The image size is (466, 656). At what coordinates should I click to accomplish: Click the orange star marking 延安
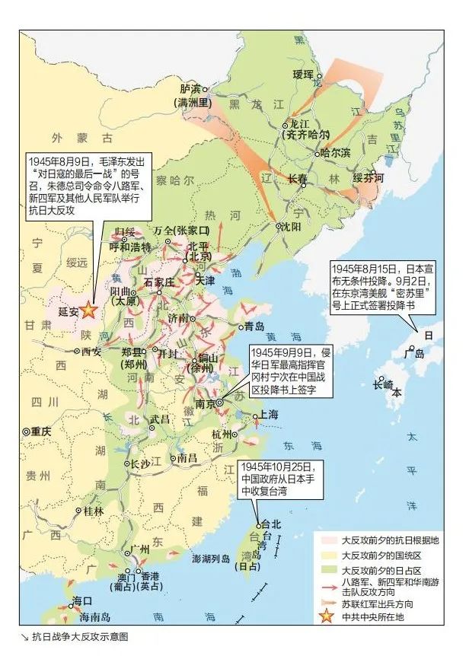point(88,310)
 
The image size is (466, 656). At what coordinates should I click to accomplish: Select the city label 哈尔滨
point(337,152)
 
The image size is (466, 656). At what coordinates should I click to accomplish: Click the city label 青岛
point(255,326)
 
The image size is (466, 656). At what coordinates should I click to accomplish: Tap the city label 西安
point(91,352)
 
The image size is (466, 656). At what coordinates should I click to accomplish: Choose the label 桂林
point(94,511)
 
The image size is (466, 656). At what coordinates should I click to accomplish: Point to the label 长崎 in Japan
point(384,385)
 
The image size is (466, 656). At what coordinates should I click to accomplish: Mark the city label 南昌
point(187,458)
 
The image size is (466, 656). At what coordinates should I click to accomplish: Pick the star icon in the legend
point(327,616)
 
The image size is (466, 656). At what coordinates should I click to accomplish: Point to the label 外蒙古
point(81,139)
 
